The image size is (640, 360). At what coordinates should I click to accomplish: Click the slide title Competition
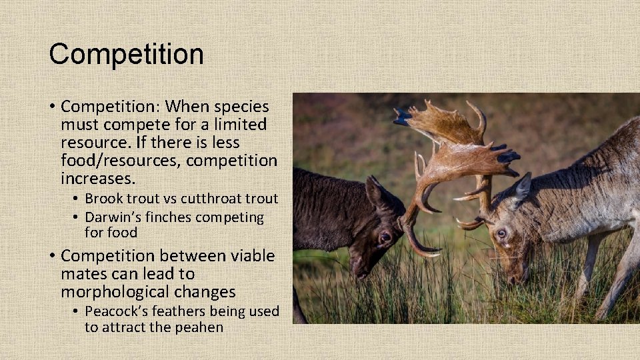coord(126,54)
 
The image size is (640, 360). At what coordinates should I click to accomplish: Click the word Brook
coord(104,199)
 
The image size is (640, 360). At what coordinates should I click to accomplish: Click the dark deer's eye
coord(385,237)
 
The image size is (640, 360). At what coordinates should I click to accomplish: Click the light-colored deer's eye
coord(501,233)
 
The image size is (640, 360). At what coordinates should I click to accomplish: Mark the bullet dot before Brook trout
coord(77,199)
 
